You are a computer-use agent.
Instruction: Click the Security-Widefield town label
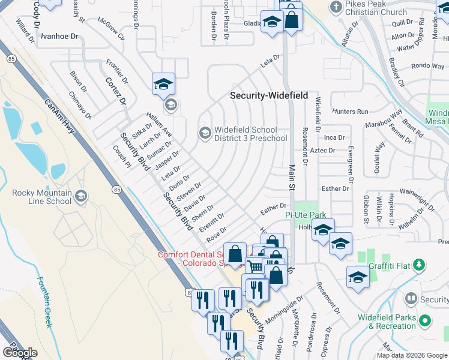click(270, 96)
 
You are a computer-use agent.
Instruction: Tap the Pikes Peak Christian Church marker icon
click(336, 7)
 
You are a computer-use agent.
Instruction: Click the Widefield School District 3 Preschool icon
click(205, 133)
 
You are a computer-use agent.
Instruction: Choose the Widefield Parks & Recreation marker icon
click(425, 321)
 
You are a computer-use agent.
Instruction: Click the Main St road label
click(293, 176)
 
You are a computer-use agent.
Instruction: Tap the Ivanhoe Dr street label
click(59, 36)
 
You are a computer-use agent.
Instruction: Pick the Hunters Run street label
click(349, 112)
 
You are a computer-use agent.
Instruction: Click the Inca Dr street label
click(334, 137)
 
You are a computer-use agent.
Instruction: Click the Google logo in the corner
click(20, 353)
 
